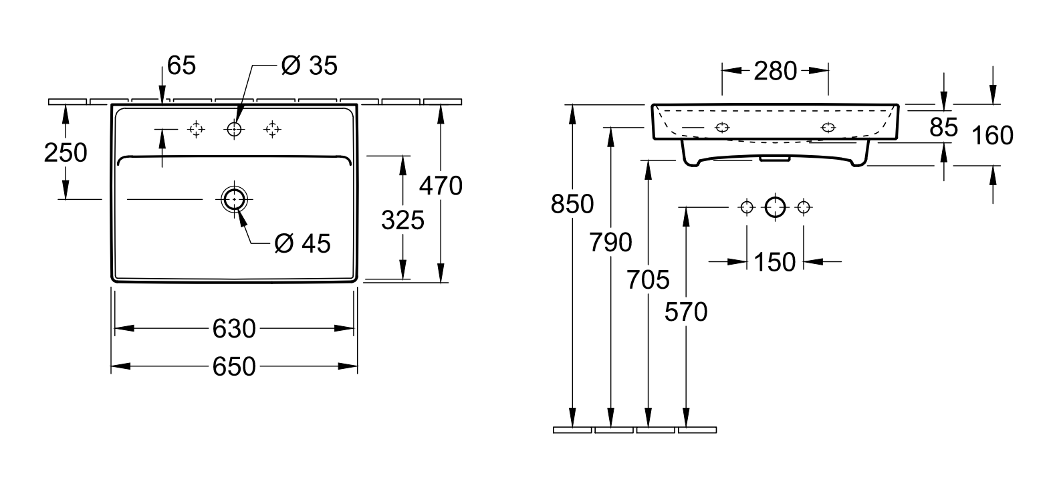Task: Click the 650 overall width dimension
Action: [233, 366]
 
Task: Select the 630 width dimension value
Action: [233, 329]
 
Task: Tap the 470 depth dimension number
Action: [441, 186]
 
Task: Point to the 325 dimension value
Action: [403, 220]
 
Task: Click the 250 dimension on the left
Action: [66, 153]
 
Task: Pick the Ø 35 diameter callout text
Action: [310, 66]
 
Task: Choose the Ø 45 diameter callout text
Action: [303, 243]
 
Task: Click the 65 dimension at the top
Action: [181, 66]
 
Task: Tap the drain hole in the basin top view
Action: [234, 199]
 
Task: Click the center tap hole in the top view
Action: [234, 129]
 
